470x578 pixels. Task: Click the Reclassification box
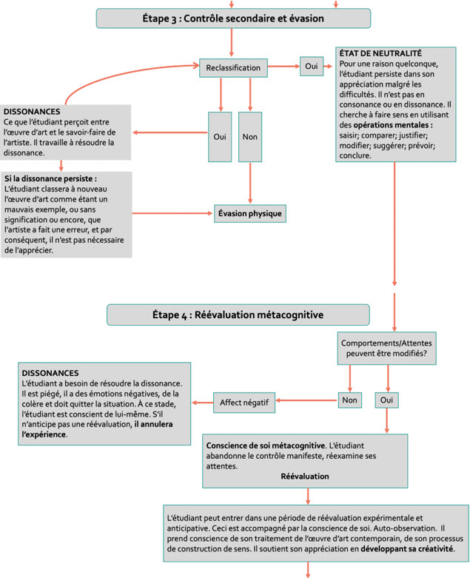(x=233, y=68)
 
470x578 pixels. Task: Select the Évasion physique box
(x=250, y=213)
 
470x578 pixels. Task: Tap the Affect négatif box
(x=244, y=403)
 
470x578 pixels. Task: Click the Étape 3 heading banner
(x=233, y=19)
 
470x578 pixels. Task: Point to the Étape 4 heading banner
(x=238, y=315)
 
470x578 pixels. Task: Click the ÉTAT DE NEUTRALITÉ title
(x=380, y=53)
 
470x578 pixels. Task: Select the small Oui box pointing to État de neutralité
(x=312, y=67)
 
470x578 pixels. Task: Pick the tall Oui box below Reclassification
(x=220, y=137)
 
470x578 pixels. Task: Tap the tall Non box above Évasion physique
(x=250, y=137)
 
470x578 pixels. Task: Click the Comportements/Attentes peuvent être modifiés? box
(x=386, y=349)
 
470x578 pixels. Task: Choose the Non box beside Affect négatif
(x=350, y=400)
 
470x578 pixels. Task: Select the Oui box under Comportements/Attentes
(x=386, y=400)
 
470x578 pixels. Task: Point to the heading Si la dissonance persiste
(x=50, y=179)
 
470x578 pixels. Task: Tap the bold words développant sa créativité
(x=408, y=549)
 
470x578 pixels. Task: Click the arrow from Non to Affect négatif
(x=306, y=400)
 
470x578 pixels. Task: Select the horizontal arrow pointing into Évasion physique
(x=172, y=213)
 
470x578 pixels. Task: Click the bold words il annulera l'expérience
(x=97, y=429)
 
